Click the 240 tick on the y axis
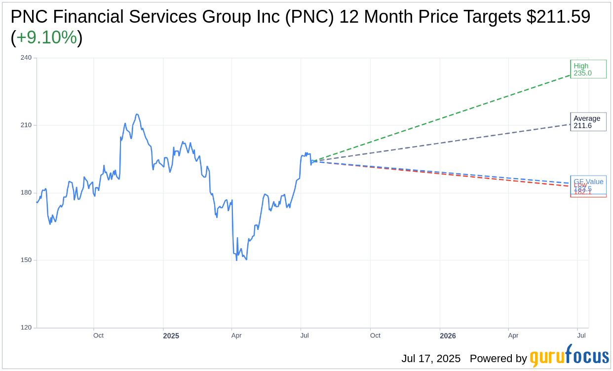[26, 58]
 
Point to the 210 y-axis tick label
[26, 125]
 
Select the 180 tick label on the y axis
[26, 192]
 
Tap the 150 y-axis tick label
[26, 260]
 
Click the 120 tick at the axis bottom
[26, 328]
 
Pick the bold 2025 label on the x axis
[171, 336]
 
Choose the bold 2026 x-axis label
[448, 336]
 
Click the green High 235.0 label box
[588, 70]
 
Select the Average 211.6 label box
[588, 122]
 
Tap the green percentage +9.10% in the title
[46, 37]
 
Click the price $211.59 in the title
[558, 17]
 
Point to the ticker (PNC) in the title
[310, 17]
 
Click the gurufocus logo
[569, 356]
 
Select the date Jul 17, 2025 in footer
[431, 359]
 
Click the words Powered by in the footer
[498, 359]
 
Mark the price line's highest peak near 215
[137, 114]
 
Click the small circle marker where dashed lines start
[313, 161]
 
